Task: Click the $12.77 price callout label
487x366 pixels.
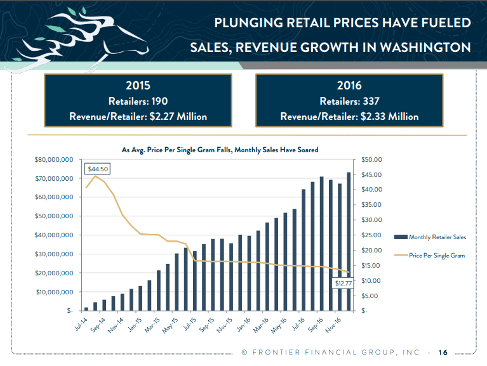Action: pyautogui.click(x=344, y=284)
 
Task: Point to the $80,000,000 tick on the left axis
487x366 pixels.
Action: pyautogui.click(x=57, y=159)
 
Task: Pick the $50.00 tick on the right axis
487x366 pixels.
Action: pyautogui.click(x=370, y=159)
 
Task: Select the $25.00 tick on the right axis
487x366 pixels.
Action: pyautogui.click(x=370, y=235)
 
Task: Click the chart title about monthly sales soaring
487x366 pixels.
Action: pyautogui.click(x=220, y=150)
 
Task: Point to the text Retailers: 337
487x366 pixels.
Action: pyautogui.click(x=349, y=101)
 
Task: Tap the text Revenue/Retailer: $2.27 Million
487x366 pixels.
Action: pyautogui.click(x=138, y=116)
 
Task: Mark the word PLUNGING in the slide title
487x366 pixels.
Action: pyautogui.click(x=250, y=23)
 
